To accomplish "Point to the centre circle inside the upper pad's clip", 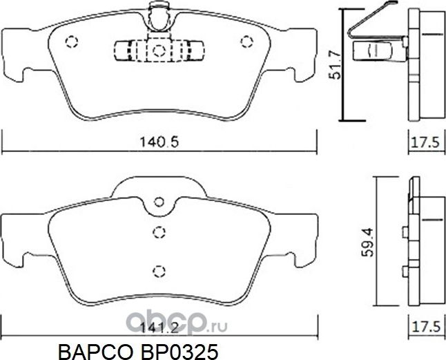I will tap(159, 50).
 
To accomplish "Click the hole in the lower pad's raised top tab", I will tap(159, 202).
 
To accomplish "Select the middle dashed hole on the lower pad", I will tap(159, 234).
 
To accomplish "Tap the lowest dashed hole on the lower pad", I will tap(159, 271).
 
